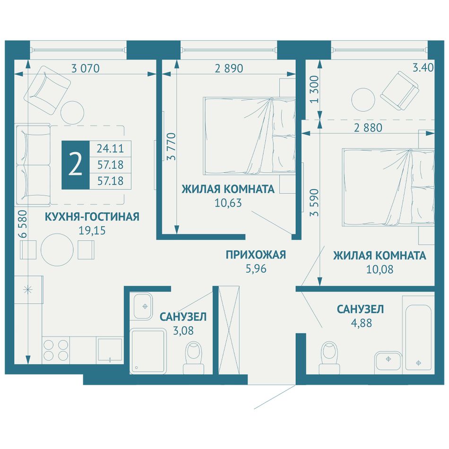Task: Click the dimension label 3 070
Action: point(86,69)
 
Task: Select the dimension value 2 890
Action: point(229,69)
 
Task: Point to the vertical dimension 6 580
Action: point(23,224)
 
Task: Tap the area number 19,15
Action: point(92,230)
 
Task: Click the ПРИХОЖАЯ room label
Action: point(256,255)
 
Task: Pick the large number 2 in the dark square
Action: point(76,164)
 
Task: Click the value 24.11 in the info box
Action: point(110,148)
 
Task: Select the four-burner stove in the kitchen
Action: point(56,350)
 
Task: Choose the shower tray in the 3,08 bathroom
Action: point(148,351)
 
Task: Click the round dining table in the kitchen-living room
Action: point(57,250)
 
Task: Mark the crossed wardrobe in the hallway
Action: point(229,330)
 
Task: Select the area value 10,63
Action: point(228,203)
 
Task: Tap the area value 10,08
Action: point(380,269)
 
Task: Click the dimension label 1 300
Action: point(314,89)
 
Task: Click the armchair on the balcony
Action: point(400,91)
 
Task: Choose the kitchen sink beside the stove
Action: point(110,350)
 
